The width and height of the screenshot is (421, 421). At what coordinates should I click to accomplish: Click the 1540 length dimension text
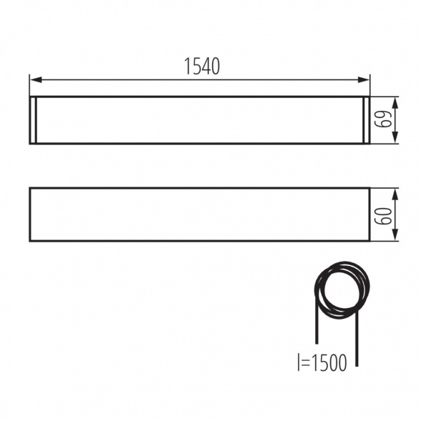(x=202, y=66)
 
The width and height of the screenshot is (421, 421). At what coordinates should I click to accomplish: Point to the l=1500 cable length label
(x=321, y=363)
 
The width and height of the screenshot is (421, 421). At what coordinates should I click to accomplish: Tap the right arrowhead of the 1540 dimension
(x=366, y=79)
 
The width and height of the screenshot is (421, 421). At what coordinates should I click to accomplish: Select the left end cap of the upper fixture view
(x=34, y=120)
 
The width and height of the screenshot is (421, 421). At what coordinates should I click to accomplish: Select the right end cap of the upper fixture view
(x=367, y=120)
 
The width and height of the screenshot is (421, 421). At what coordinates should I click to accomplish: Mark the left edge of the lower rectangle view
(x=30, y=214)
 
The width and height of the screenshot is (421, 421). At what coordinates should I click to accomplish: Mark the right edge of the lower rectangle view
(x=370, y=214)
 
